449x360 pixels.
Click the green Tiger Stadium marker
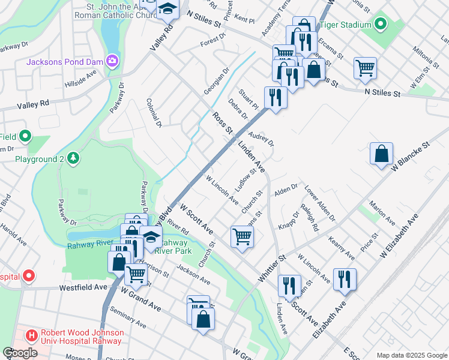[x=380, y=25]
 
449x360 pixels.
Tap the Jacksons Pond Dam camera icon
[x=112, y=61]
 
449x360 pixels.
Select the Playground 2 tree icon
[x=73, y=158]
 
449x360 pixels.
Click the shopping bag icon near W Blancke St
[x=381, y=155]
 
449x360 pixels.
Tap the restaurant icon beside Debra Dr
[x=276, y=97]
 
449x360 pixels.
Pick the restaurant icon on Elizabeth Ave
[x=345, y=280]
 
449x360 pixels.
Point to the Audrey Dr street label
[x=261, y=139]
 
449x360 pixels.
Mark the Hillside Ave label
[x=80, y=77]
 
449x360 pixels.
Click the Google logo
[x=20, y=353]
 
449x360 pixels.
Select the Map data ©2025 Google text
[x=412, y=355]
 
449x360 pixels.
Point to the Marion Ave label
[x=383, y=214]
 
